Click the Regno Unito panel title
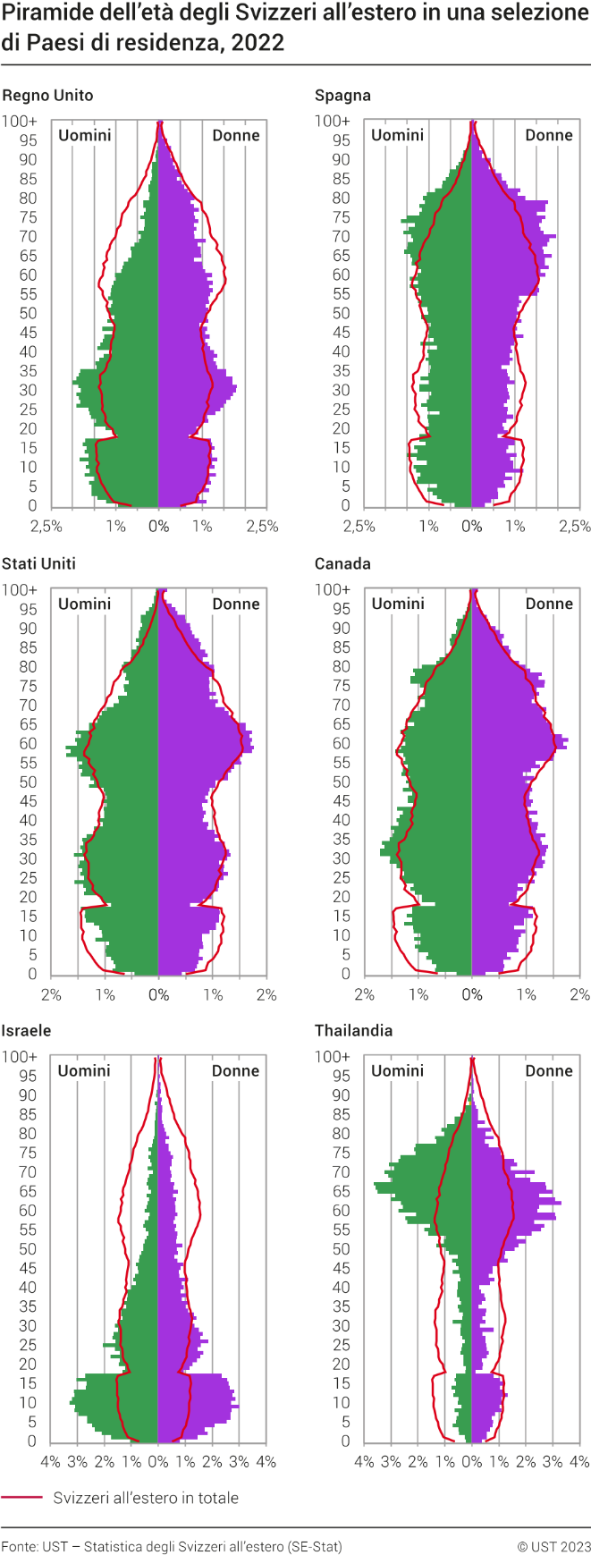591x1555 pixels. pyautogui.click(x=47, y=96)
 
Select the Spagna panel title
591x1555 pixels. pyautogui.click(x=342, y=96)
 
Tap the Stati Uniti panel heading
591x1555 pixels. pyautogui.click(x=38, y=563)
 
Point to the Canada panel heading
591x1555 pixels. pyautogui.click(x=342, y=563)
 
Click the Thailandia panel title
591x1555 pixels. pyautogui.click(x=353, y=1030)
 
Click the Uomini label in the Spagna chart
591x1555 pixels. pyautogui.click(x=397, y=135)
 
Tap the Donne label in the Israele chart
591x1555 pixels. pyautogui.click(x=236, y=1070)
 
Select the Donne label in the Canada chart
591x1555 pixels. pyautogui.click(x=549, y=604)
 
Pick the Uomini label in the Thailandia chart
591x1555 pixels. pyautogui.click(x=397, y=1070)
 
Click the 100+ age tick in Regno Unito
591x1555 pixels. pyautogui.click(x=20, y=121)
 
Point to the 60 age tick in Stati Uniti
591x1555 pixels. pyautogui.click(x=29, y=743)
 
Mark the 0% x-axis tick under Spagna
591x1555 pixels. pyautogui.click(x=471, y=526)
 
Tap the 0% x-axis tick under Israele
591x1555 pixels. pyautogui.click(x=158, y=1462)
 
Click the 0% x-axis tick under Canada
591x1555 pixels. pyautogui.click(x=471, y=994)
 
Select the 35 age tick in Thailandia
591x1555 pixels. pyautogui.click(x=342, y=1306)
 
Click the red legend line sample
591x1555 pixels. pyautogui.click(x=22, y=1497)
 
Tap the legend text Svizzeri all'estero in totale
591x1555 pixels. pyautogui.click(x=146, y=1498)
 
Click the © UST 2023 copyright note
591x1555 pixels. pyautogui.click(x=553, y=1546)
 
